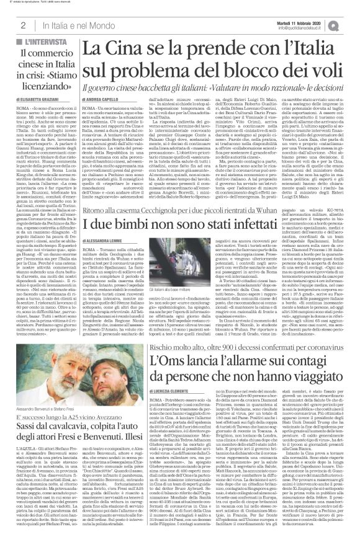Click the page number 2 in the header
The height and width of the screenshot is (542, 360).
(x=22, y=25)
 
